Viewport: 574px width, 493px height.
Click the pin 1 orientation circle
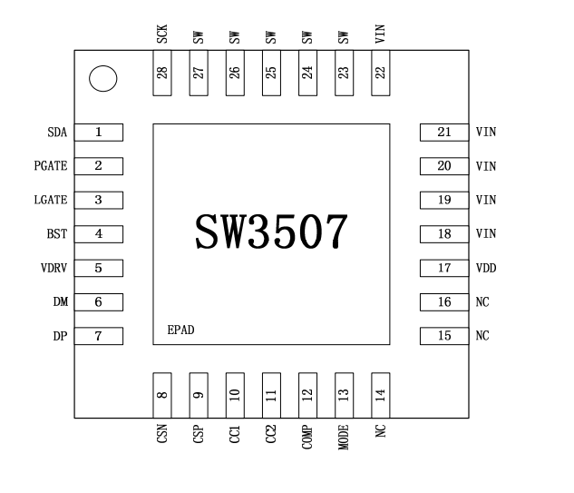[103, 80]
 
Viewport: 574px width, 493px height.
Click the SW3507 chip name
[271, 232]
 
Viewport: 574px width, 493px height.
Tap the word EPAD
[180, 330]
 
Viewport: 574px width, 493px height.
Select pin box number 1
[98, 133]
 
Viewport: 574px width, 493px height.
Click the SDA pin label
[58, 133]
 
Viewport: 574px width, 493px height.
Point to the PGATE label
[51, 166]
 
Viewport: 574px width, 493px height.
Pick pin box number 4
[98, 234]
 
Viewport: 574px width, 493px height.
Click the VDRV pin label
[54, 268]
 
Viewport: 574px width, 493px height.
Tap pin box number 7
[98, 336]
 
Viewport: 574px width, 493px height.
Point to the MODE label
[344, 440]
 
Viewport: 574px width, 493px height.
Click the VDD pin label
[486, 268]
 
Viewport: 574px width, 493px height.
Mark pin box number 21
[443, 133]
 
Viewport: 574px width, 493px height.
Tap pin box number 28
[161, 73]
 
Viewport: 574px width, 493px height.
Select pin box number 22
[381, 73]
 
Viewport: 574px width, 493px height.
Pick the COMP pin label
[307, 440]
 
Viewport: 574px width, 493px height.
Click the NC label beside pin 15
[482, 336]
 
